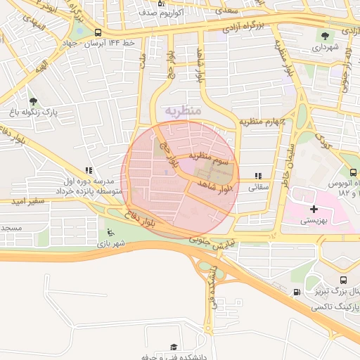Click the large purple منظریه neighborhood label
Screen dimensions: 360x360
(184, 111)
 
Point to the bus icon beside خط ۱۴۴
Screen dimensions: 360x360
(97, 33)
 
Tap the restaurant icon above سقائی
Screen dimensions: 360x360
(259, 176)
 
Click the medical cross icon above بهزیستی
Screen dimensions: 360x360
(314, 209)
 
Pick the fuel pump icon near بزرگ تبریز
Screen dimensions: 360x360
(297, 292)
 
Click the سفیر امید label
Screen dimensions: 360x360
(27, 201)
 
